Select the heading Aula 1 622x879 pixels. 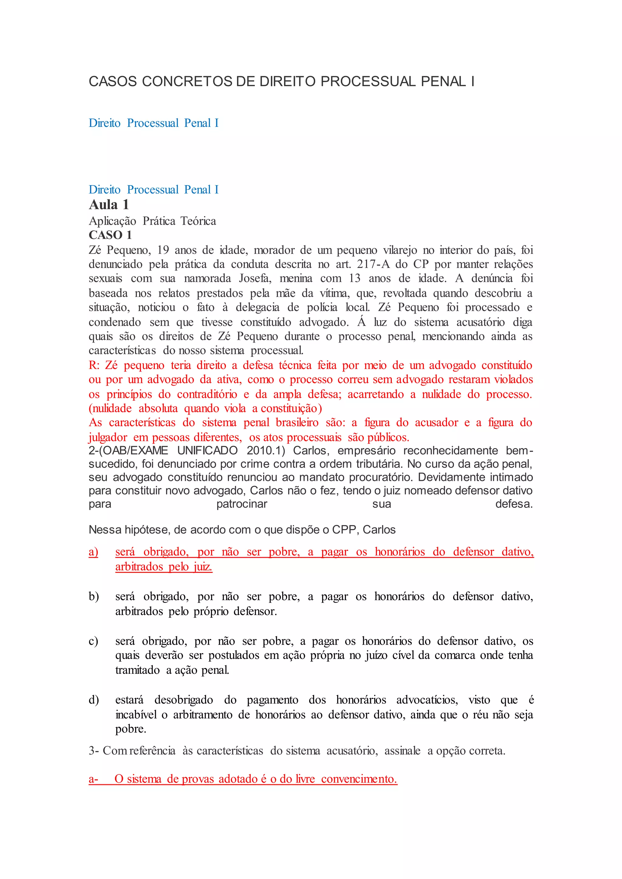(x=109, y=205)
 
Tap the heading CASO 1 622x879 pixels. (x=110, y=235)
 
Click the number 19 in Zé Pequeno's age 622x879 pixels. (x=163, y=250)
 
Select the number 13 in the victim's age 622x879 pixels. (x=355, y=278)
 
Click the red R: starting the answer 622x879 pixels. (x=94, y=365)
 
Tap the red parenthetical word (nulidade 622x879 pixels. (x=110, y=409)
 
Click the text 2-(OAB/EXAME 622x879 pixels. (x=128, y=451)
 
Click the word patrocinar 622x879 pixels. (x=242, y=504)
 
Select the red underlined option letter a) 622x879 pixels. (x=94, y=552)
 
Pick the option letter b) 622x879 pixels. (x=94, y=596)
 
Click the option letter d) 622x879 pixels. (x=94, y=700)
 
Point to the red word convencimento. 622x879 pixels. (x=359, y=779)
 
